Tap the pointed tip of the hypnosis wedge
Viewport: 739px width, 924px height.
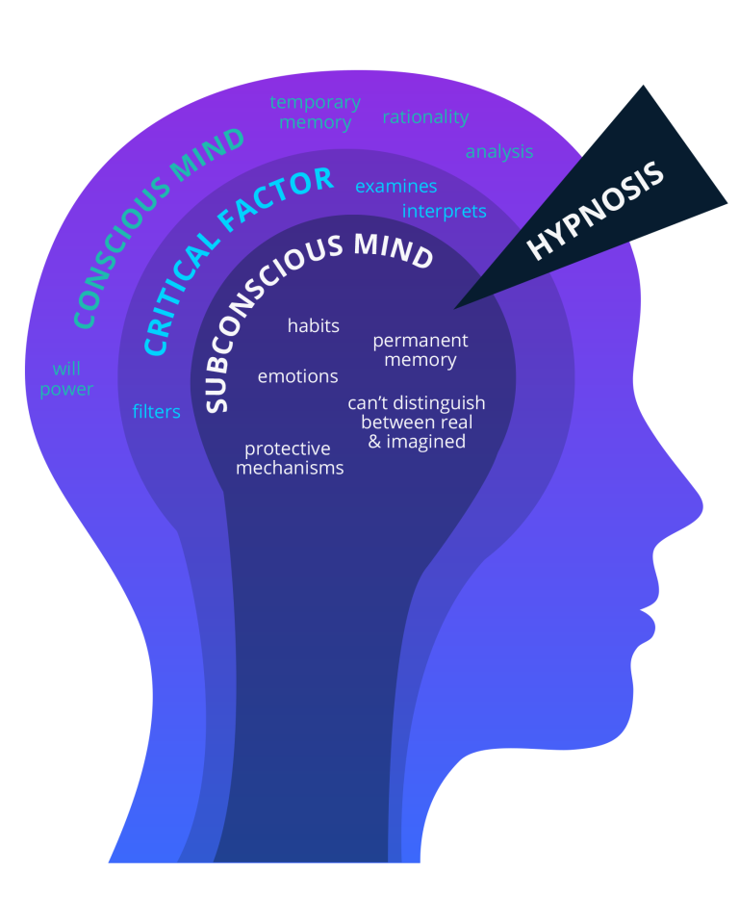coord(456,307)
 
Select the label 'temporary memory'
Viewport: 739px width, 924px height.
coord(315,113)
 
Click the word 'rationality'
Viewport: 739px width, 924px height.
coord(425,117)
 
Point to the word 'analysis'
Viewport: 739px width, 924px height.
coord(499,152)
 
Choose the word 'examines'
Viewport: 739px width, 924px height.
coord(396,187)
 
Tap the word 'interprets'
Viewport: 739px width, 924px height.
coord(445,211)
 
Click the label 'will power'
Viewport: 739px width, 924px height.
coord(66,379)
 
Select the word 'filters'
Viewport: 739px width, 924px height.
coord(157,412)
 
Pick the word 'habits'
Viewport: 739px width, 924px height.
coord(314,326)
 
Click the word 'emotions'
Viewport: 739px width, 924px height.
coord(298,376)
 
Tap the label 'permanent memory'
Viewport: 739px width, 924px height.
coord(420,350)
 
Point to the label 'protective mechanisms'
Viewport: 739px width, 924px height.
coord(290,458)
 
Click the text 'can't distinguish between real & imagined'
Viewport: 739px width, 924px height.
coord(417,422)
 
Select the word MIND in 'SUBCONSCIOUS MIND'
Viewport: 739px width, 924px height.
coord(394,248)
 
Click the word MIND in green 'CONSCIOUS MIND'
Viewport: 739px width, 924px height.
coord(211,157)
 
